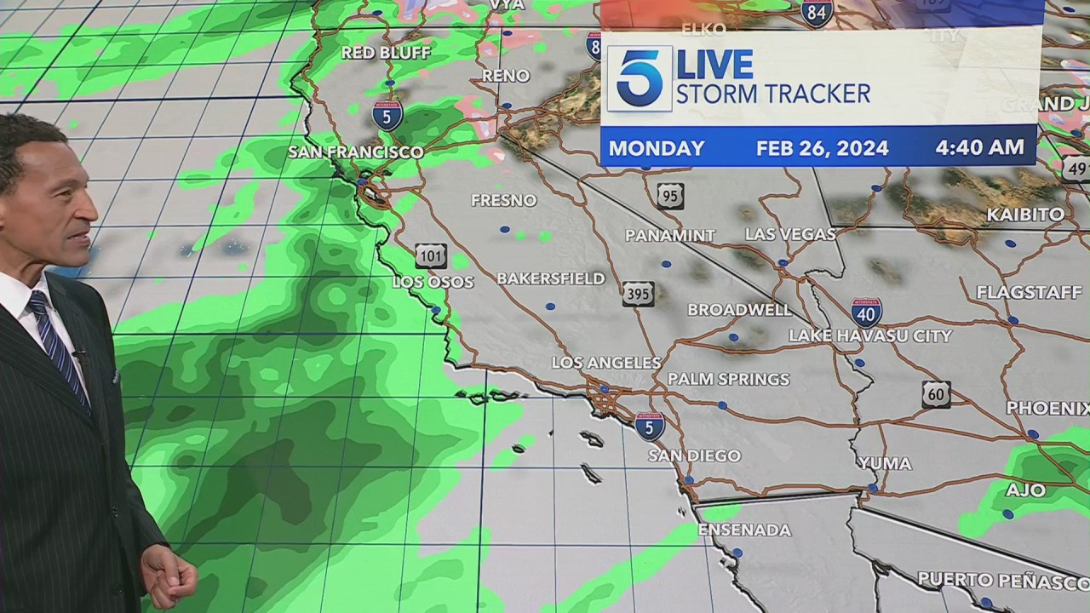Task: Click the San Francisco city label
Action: click(x=355, y=152)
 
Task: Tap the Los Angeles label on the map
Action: click(x=605, y=363)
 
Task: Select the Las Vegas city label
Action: click(x=790, y=234)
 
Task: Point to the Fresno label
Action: click(x=504, y=201)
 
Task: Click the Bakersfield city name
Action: click(x=550, y=279)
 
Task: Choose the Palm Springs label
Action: click(x=728, y=379)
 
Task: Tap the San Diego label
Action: click(x=694, y=455)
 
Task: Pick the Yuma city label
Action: click(x=884, y=464)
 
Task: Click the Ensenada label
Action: click(x=744, y=530)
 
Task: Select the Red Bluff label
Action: click(x=386, y=53)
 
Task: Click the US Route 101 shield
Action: click(x=431, y=256)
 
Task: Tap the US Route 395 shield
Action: click(x=638, y=294)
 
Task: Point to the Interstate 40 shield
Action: click(x=866, y=312)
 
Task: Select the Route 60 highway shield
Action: click(x=936, y=394)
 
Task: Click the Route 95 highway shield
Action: click(x=670, y=196)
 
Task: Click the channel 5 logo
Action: click(x=639, y=78)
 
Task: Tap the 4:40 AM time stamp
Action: click(x=979, y=147)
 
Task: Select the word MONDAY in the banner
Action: click(x=656, y=148)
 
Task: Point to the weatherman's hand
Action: click(x=170, y=575)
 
